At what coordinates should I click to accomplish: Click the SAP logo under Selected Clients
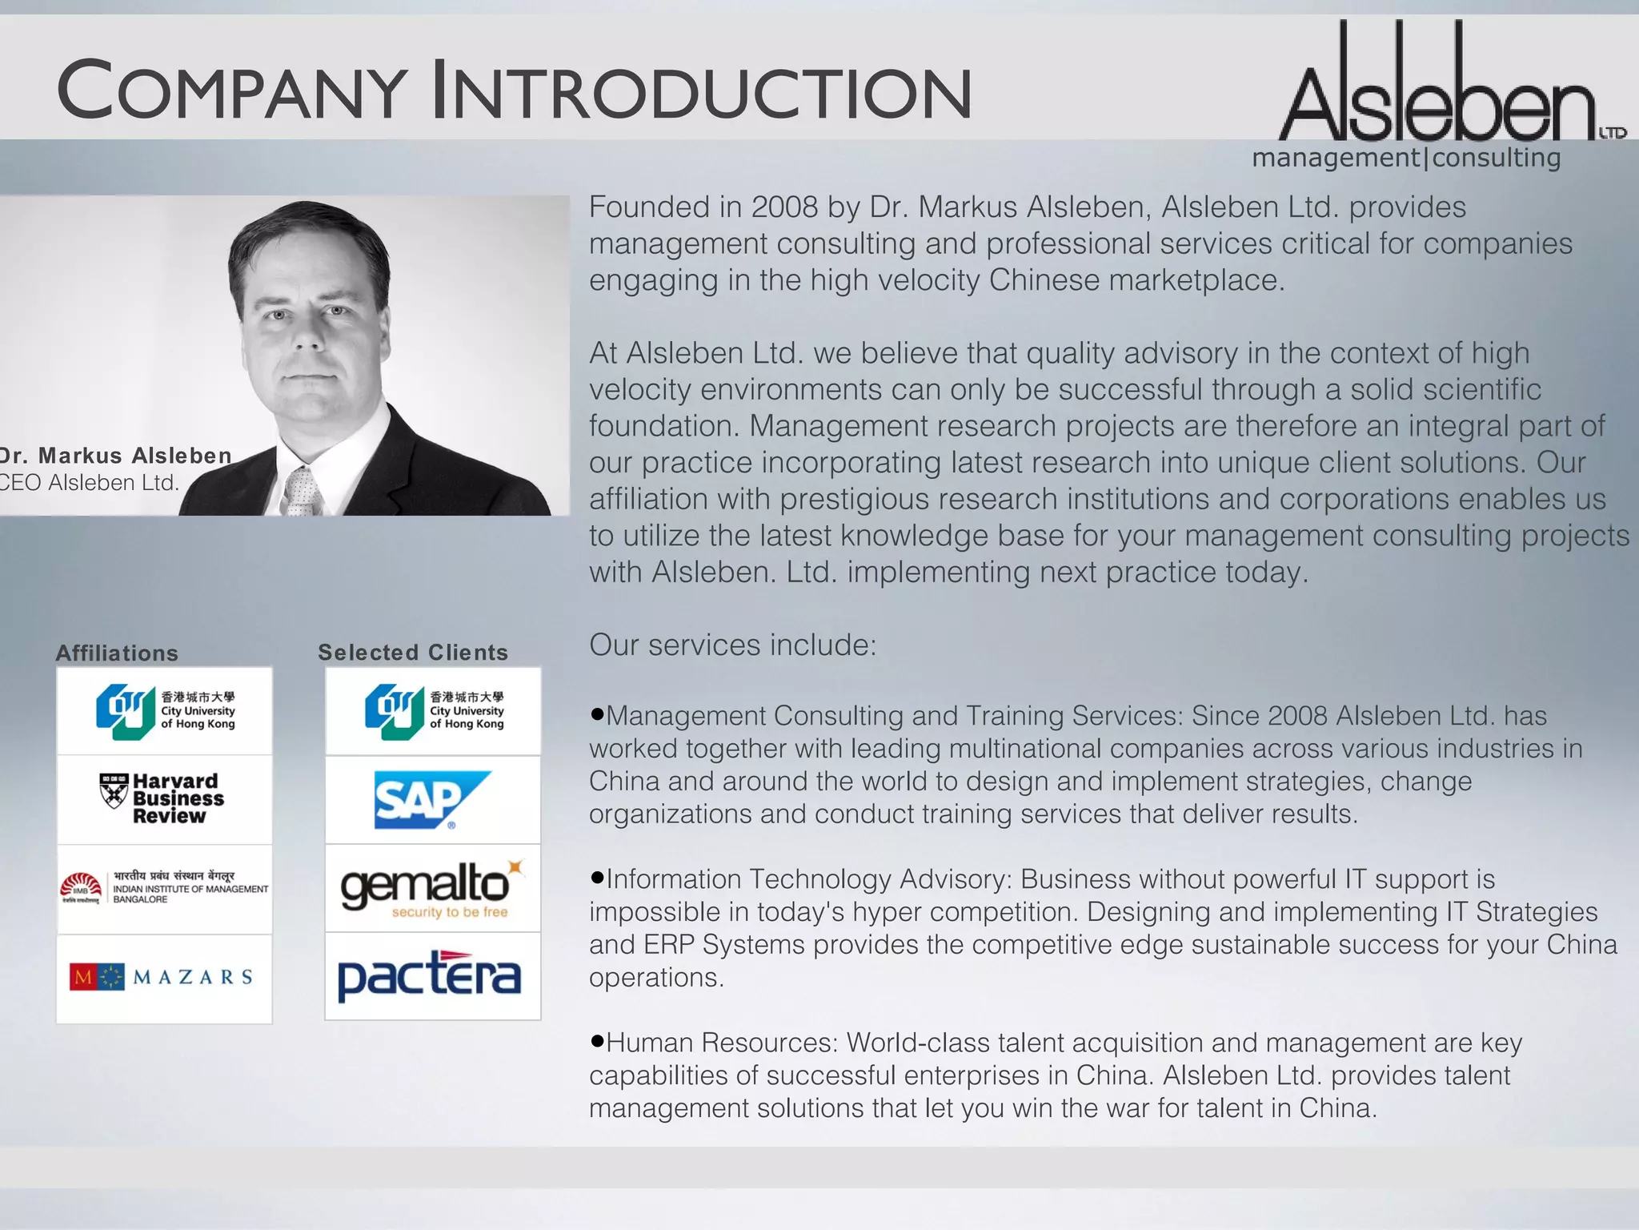(x=432, y=800)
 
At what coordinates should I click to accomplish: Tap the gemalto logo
(x=432, y=888)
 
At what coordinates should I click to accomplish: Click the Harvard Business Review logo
(x=163, y=798)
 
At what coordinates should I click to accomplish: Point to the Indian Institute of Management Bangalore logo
(x=164, y=888)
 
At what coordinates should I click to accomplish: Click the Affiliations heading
(x=117, y=653)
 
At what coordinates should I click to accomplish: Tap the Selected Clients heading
(x=413, y=653)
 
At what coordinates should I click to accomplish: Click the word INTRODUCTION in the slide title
(x=701, y=92)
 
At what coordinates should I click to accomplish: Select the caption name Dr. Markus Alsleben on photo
(x=117, y=456)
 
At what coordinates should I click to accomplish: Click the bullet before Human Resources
(x=596, y=1041)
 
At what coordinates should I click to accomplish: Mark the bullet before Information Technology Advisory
(x=596, y=878)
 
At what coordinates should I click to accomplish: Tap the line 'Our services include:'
(x=732, y=645)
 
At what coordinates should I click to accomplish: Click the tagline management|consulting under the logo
(x=1406, y=158)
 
